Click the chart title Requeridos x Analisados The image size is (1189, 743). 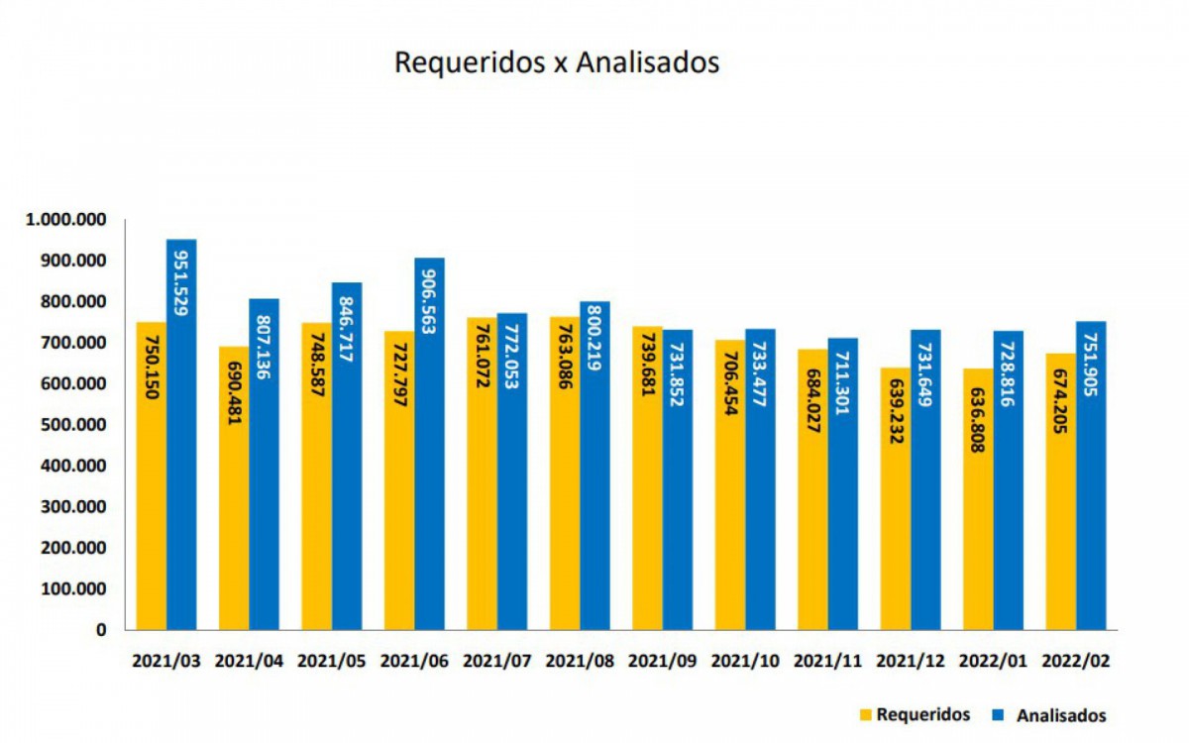click(556, 61)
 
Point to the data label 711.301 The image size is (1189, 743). click(843, 377)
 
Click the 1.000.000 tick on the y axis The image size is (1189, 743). click(67, 220)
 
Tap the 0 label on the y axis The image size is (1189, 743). click(101, 630)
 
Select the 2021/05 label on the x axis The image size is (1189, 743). click(331, 661)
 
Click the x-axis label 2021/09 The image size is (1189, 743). click(662, 661)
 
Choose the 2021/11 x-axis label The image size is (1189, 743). click(827, 661)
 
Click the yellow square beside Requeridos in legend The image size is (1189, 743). click(864, 714)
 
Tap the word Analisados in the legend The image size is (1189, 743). click(1062, 714)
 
